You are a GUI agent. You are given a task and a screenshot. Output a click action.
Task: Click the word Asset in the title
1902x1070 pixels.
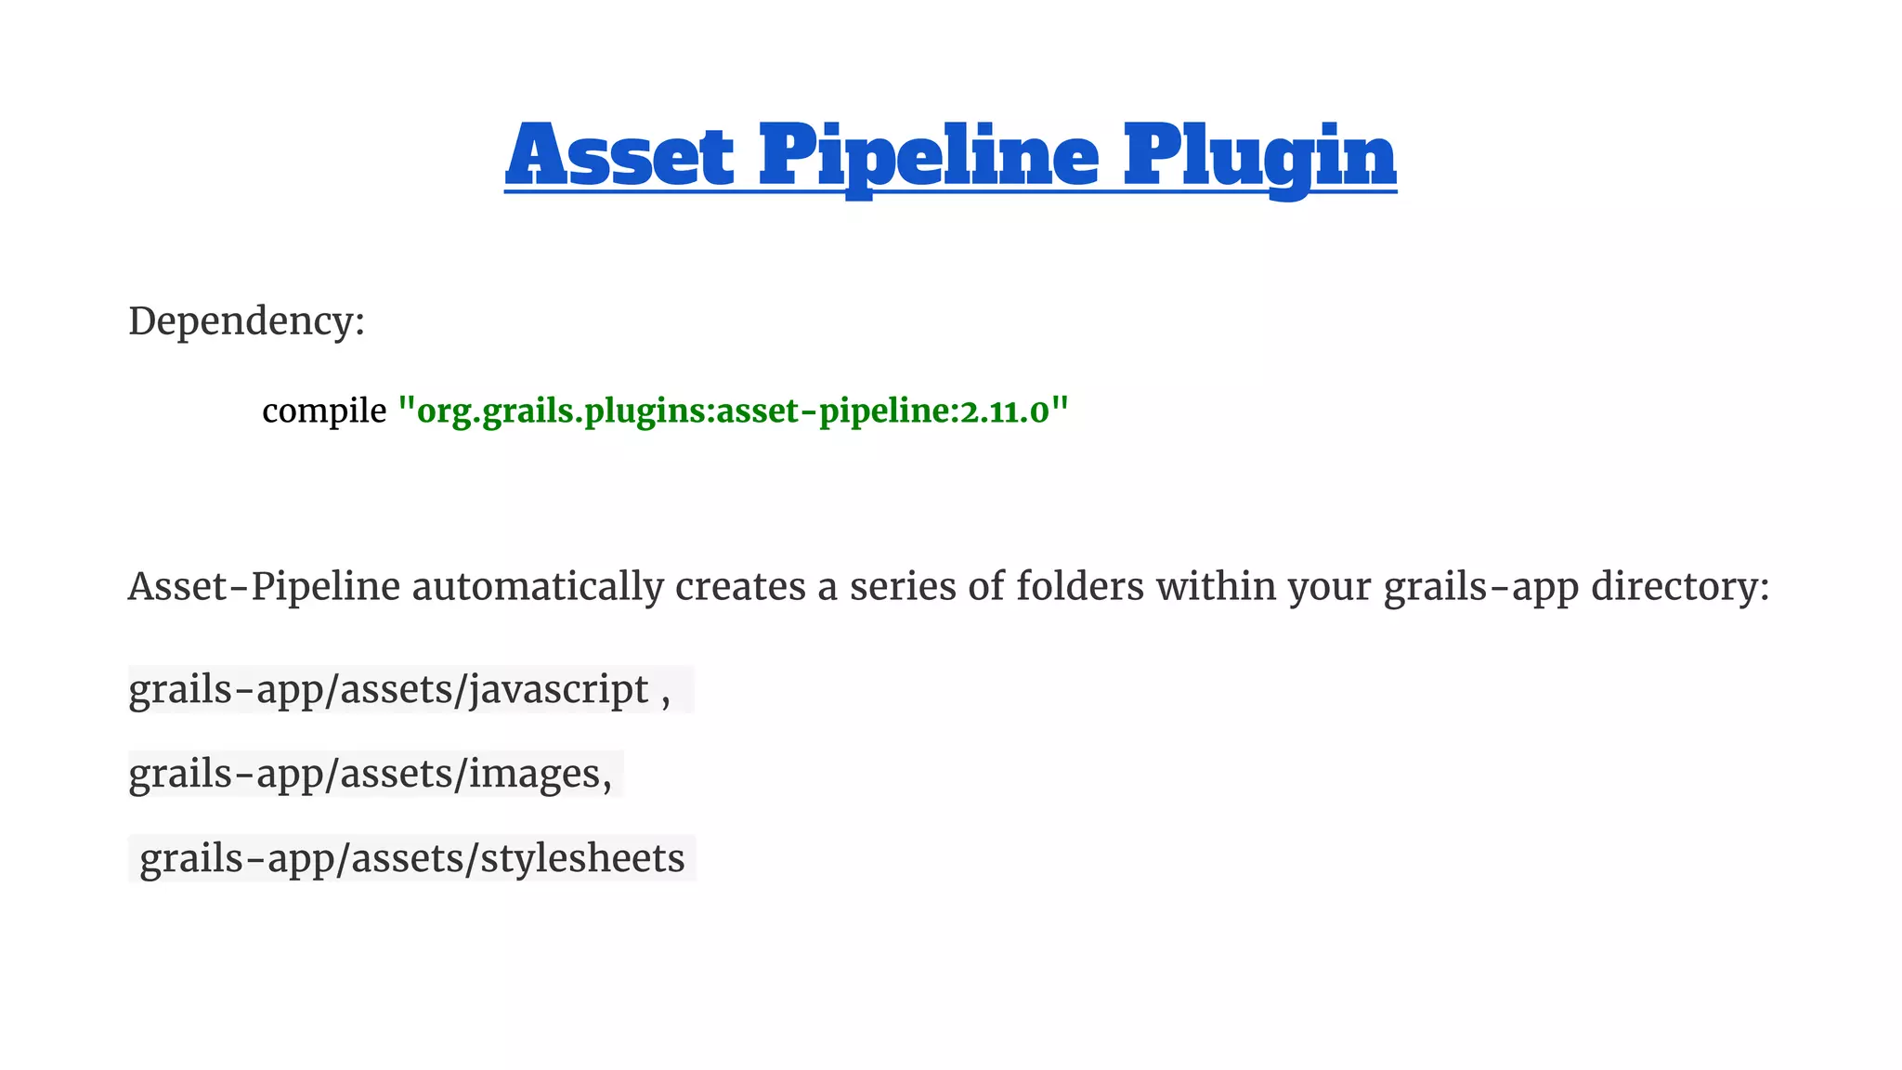click(619, 155)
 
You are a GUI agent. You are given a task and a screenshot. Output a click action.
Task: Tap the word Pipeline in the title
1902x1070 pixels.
click(929, 155)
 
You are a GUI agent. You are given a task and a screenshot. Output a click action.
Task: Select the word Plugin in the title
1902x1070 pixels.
click(1259, 155)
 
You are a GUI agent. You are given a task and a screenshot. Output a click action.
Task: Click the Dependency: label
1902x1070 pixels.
click(246, 321)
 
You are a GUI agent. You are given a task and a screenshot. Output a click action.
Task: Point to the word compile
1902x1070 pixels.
click(324, 411)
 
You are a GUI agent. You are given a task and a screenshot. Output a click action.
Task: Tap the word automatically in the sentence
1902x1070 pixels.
click(538, 587)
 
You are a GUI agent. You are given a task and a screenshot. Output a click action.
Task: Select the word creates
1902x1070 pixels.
click(740, 587)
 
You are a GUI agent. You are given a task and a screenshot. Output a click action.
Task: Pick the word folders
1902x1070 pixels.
click(1079, 587)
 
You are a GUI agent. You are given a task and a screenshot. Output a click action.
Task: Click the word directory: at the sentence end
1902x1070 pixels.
click(1680, 587)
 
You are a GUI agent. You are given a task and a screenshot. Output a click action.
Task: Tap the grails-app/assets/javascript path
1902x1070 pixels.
click(388, 690)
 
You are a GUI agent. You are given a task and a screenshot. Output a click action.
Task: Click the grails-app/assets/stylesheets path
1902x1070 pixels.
click(411, 858)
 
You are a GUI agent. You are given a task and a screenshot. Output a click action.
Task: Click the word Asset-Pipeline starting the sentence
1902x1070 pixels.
click(264, 587)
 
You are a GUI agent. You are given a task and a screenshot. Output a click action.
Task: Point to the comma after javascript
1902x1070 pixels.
click(665, 697)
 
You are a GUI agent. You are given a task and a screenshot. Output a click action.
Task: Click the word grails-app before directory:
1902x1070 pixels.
click(1481, 587)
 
